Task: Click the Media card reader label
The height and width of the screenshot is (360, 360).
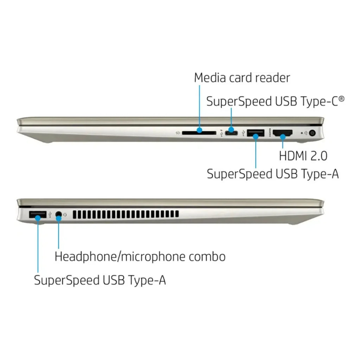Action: pos(242,78)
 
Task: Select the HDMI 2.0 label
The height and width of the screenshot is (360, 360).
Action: pos(303,156)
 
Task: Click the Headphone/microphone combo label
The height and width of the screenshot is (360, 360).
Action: pos(140,256)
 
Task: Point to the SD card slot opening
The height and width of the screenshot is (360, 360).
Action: pos(199,133)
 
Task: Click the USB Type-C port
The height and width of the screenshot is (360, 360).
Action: pos(231,133)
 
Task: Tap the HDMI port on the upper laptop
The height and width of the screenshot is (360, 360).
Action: pos(283,133)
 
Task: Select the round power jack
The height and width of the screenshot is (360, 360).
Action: pos(312,133)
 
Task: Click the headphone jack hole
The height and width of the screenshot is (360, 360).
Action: pos(59,214)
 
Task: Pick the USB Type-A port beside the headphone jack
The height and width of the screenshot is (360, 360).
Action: pos(38,214)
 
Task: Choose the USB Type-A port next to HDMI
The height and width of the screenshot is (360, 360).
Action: pos(256,133)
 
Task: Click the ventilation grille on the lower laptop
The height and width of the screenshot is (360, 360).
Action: pos(126,214)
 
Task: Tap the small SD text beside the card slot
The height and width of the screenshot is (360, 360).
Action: pos(178,133)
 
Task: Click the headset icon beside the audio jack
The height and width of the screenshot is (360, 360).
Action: pos(65,215)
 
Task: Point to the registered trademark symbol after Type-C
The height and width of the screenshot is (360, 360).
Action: pos(342,98)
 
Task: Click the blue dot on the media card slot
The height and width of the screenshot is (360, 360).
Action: pos(200,130)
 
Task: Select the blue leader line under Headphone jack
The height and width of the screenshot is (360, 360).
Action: pos(59,233)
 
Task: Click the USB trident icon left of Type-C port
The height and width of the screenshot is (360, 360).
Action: pos(221,133)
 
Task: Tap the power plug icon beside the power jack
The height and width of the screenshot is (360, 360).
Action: pos(306,133)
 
